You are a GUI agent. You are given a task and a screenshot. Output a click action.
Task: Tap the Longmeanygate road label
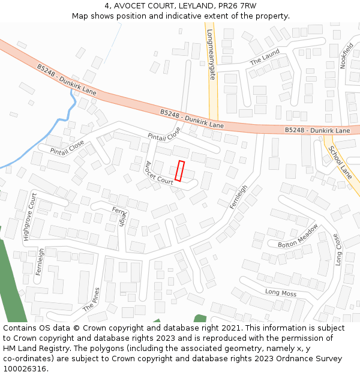click(x=211, y=55)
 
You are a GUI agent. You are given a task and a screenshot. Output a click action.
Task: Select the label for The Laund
click(x=265, y=58)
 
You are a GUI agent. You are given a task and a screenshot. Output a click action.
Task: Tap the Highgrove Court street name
click(x=29, y=217)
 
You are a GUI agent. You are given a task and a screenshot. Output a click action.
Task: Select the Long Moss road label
click(x=281, y=292)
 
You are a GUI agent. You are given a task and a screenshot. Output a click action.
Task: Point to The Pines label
click(x=91, y=299)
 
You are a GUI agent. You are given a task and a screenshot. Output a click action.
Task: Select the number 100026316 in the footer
click(x=25, y=369)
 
